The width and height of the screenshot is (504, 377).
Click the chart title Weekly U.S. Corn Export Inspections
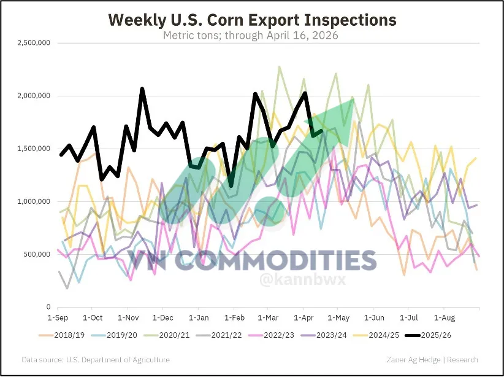click(252, 20)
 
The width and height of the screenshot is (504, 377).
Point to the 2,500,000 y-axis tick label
click(31, 44)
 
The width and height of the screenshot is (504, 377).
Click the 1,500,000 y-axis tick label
click(31, 149)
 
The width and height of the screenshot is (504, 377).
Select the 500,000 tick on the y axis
click(34, 254)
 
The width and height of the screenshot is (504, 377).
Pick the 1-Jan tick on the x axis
click(198, 319)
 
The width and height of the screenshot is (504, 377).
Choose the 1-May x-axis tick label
click(338, 319)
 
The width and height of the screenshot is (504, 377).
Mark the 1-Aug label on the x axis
click(445, 319)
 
